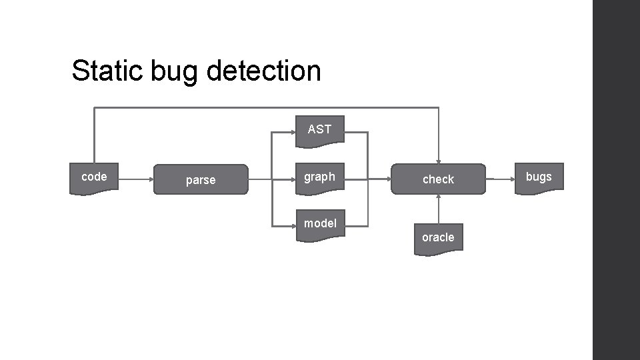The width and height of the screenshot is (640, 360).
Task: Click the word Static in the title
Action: (107, 71)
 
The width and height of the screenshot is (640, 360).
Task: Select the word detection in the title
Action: (263, 71)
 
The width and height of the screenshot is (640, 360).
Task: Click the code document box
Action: (94, 178)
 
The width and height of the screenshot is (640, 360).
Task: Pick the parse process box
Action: (201, 179)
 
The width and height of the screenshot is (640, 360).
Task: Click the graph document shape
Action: (320, 178)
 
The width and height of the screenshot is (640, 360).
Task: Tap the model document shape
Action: (320, 225)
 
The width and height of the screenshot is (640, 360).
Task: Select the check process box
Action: (438, 179)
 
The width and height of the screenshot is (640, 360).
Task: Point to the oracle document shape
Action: (438, 239)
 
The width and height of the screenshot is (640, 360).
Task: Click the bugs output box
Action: (539, 178)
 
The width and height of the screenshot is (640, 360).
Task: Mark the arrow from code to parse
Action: (136, 179)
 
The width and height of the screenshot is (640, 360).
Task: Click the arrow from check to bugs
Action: (500, 179)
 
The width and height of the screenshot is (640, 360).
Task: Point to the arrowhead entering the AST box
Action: (293, 133)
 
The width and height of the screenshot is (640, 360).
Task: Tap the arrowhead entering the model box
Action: (293, 226)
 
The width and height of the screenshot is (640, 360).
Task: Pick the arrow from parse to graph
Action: (272, 179)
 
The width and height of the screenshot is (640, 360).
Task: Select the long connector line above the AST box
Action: (267, 108)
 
